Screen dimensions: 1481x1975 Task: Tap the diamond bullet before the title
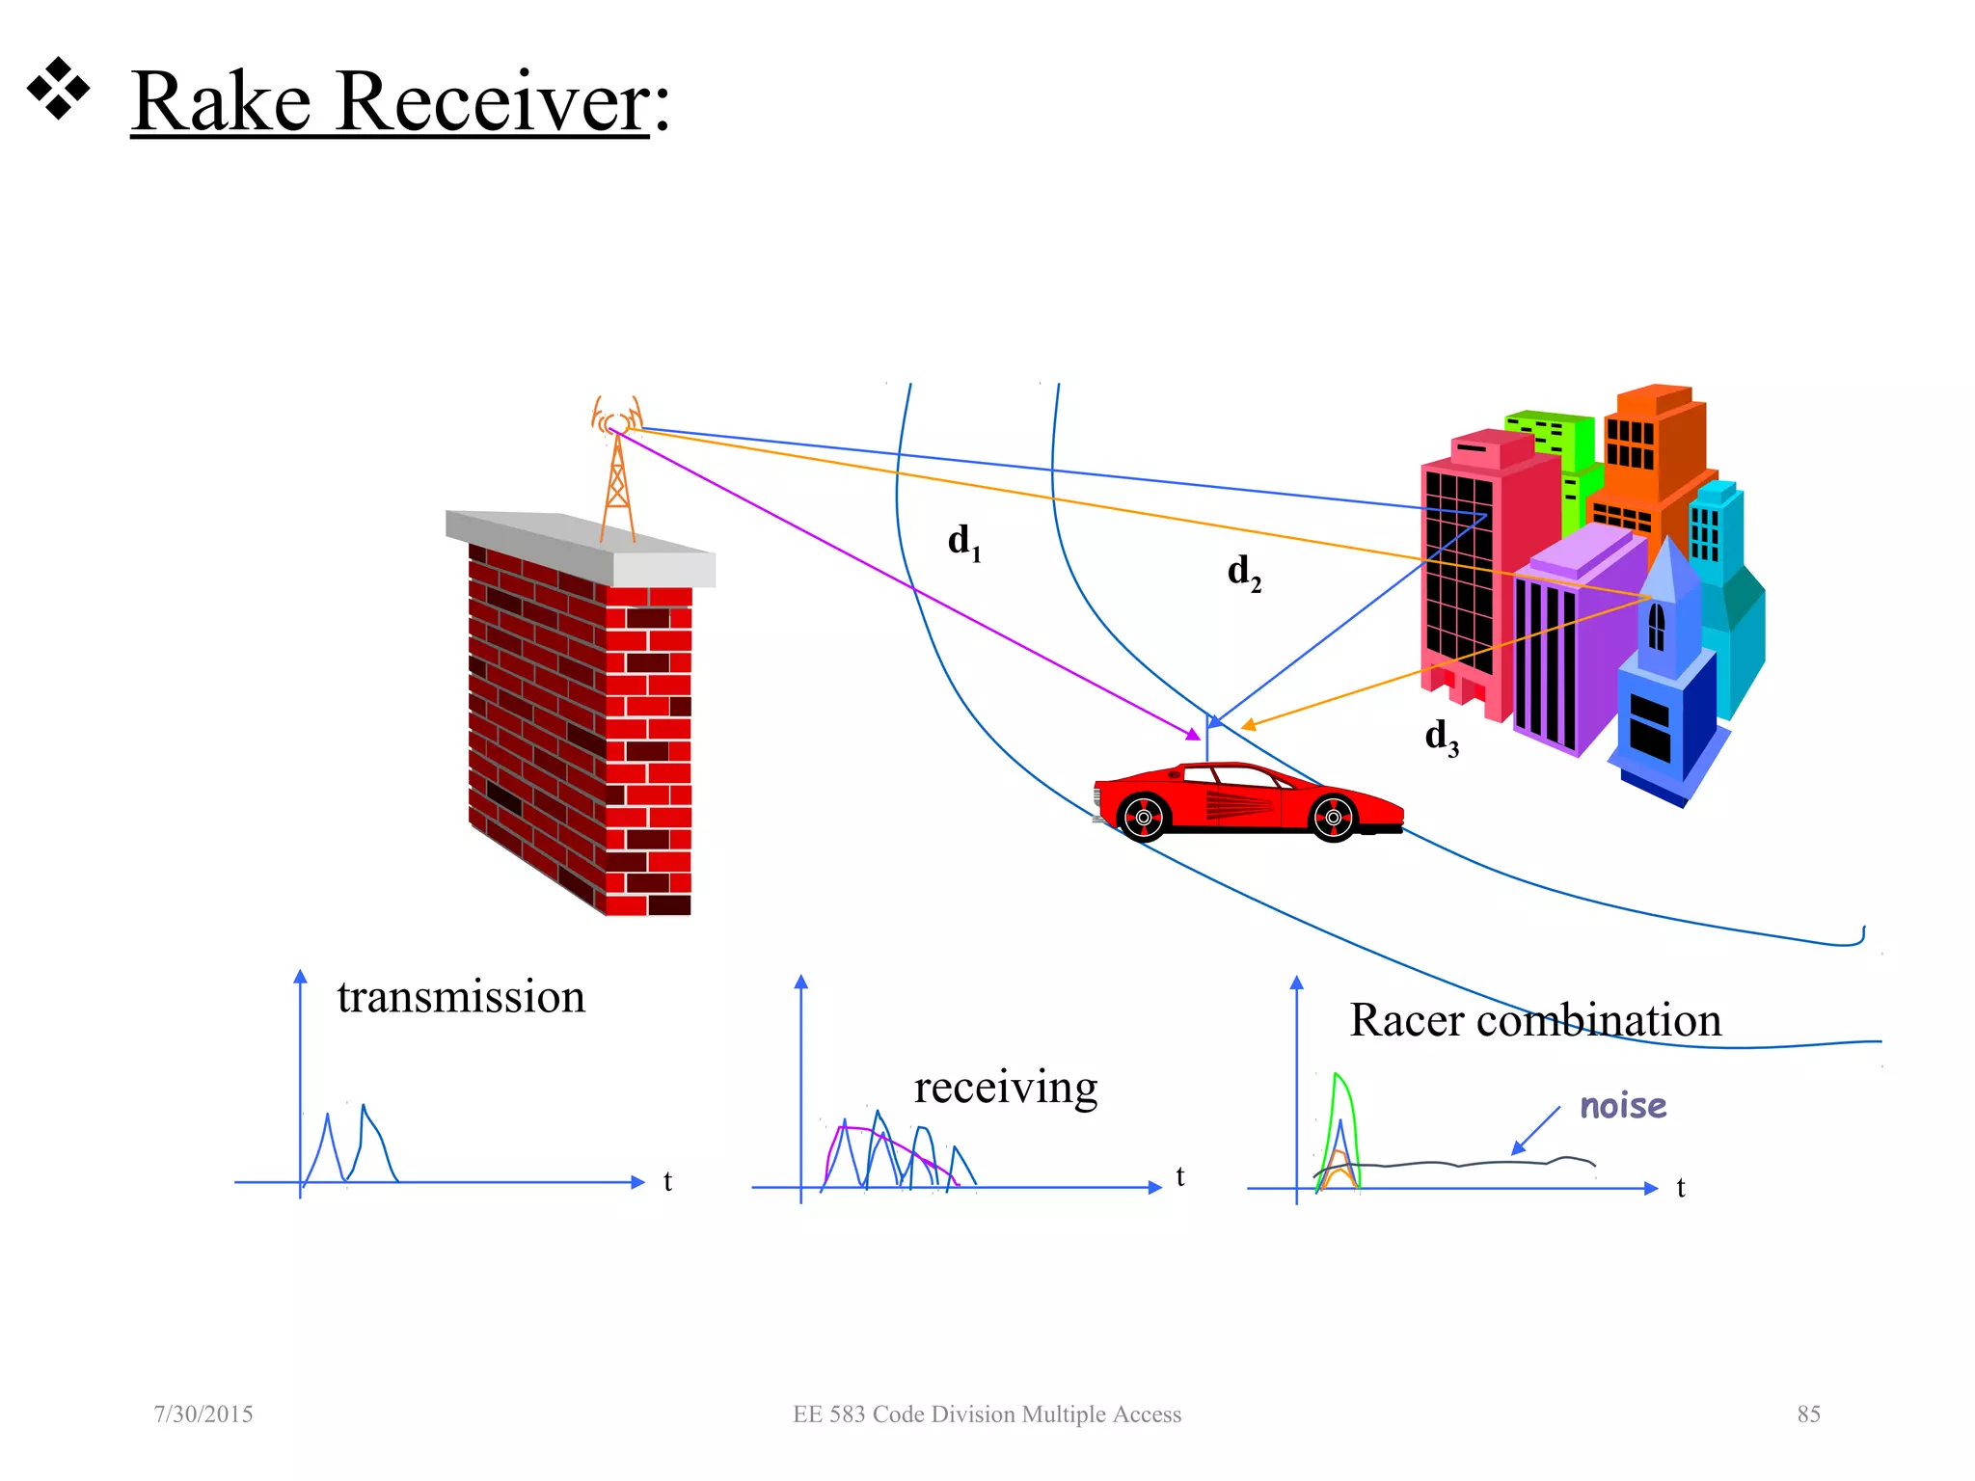[x=58, y=89]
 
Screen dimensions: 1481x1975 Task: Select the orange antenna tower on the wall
[x=617, y=477]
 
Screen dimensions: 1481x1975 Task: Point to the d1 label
[x=963, y=543]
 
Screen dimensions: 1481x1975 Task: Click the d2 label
[x=1243, y=573]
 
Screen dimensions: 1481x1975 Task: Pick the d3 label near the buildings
[x=1441, y=738]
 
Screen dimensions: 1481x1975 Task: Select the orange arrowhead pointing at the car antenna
[x=1248, y=725]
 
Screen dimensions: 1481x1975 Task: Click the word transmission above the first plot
[x=461, y=997]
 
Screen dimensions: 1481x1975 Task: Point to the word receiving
[x=1005, y=1088]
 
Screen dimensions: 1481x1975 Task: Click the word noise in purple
[x=1622, y=1106]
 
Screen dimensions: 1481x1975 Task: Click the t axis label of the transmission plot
[x=667, y=1181]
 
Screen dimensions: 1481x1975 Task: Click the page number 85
[x=1808, y=1414]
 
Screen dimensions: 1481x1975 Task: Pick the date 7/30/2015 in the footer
[x=203, y=1414]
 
